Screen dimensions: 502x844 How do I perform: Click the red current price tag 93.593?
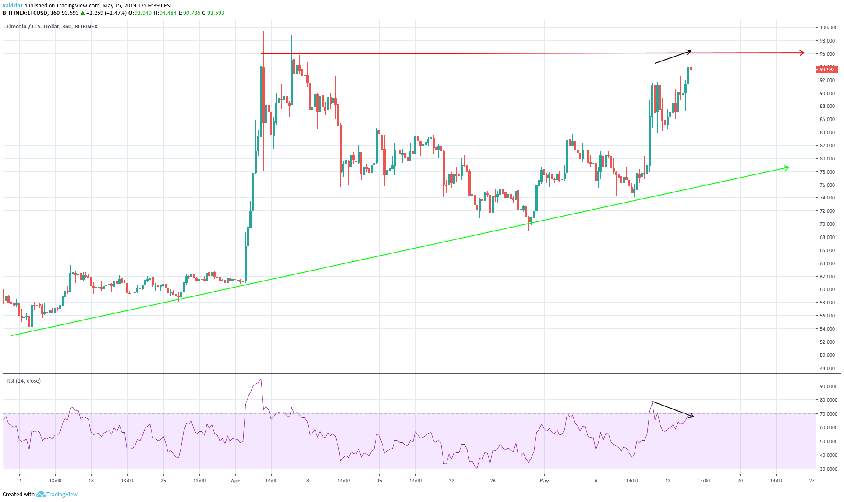[827, 69]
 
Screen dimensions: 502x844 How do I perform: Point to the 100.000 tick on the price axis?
[828, 28]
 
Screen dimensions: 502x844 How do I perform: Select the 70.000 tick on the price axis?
[827, 224]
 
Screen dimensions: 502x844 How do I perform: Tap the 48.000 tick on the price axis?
[827, 368]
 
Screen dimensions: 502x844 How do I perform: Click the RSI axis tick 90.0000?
[828, 386]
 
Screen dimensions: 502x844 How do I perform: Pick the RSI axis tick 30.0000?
[828, 469]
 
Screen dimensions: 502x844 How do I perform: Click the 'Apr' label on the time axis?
[235, 481]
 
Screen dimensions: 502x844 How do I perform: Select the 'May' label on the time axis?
[544, 481]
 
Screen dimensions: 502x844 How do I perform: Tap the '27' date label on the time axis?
[812, 481]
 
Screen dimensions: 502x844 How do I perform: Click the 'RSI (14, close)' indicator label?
[24, 381]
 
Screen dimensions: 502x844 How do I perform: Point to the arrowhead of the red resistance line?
[802, 53]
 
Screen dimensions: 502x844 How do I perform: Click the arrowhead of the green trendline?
[787, 167]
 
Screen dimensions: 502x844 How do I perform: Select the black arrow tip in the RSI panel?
[692, 416]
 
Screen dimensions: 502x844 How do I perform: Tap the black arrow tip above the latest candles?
[690, 51]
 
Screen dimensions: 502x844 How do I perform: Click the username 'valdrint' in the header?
[12, 6]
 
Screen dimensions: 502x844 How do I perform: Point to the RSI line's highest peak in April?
[261, 379]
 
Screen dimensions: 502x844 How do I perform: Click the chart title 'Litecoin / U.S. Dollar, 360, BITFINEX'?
[52, 27]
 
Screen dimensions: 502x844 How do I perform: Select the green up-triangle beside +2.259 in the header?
[82, 13]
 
